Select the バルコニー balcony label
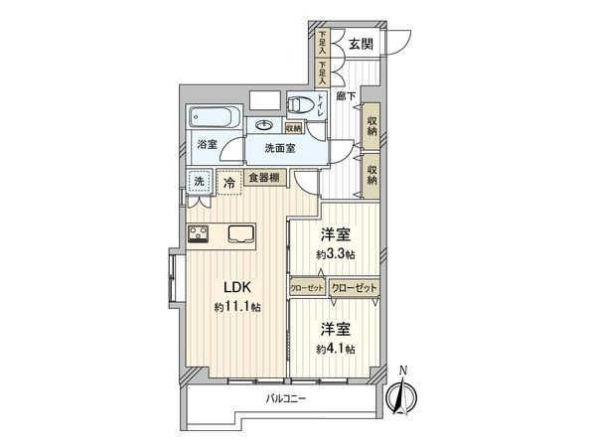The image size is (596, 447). (x=286, y=399)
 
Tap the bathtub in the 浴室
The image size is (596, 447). (x=212, y=119)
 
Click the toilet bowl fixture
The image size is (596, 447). (x=299, y=103)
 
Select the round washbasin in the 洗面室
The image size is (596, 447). (x=265, y=125)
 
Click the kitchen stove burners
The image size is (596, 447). (x=198, y=235)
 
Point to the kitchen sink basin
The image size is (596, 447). (x=241, y=235)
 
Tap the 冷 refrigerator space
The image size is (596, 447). (x=229, y=183)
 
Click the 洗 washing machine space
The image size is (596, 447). (x=199, y=182)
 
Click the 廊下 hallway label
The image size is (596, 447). (x=344, y=95)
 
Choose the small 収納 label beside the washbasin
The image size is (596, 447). (x=293, y=127)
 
